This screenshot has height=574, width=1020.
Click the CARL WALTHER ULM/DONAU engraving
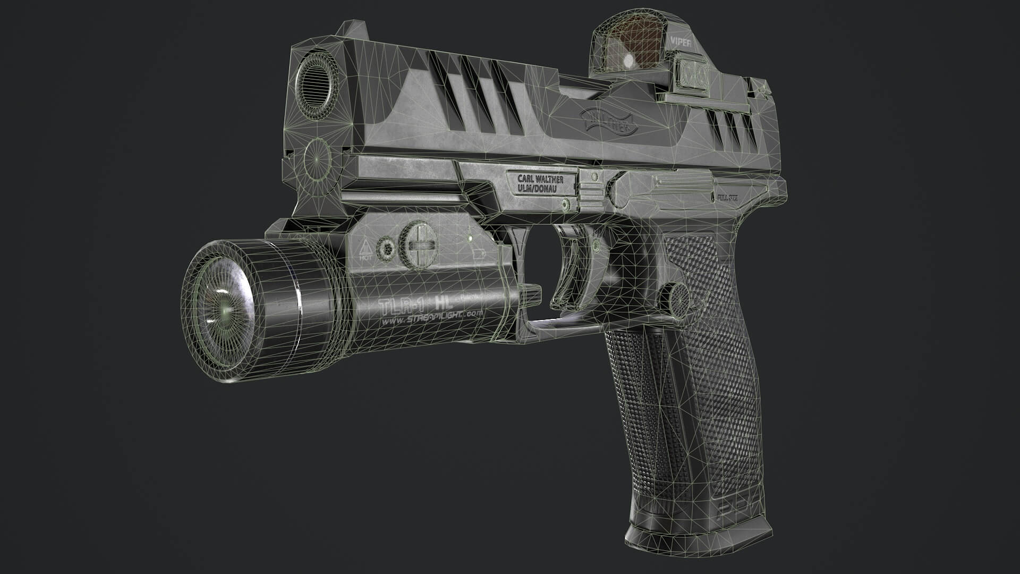point(540,183)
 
